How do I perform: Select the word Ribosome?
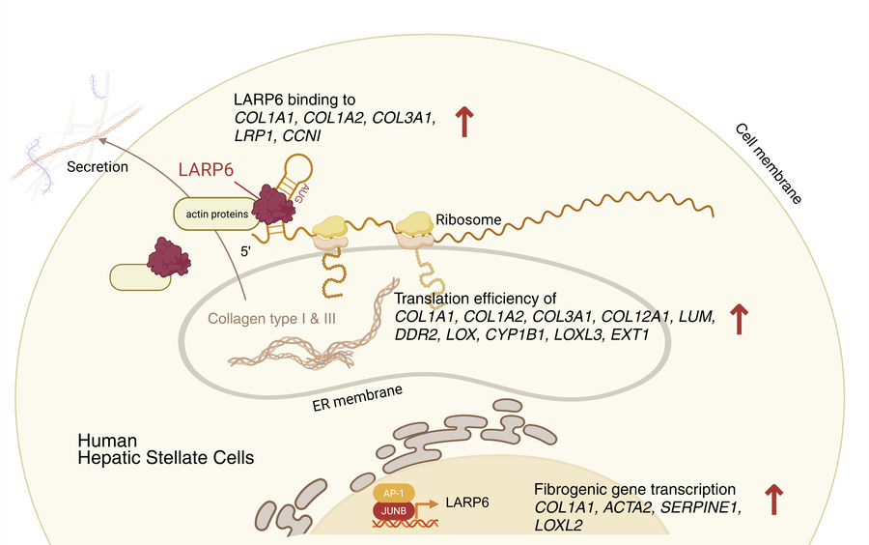point(468,219)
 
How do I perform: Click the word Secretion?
point(98,166)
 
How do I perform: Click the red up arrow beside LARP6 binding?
point(465,122)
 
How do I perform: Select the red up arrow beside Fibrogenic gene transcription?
point(773,500)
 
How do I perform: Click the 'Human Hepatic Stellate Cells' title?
point(166,449)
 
